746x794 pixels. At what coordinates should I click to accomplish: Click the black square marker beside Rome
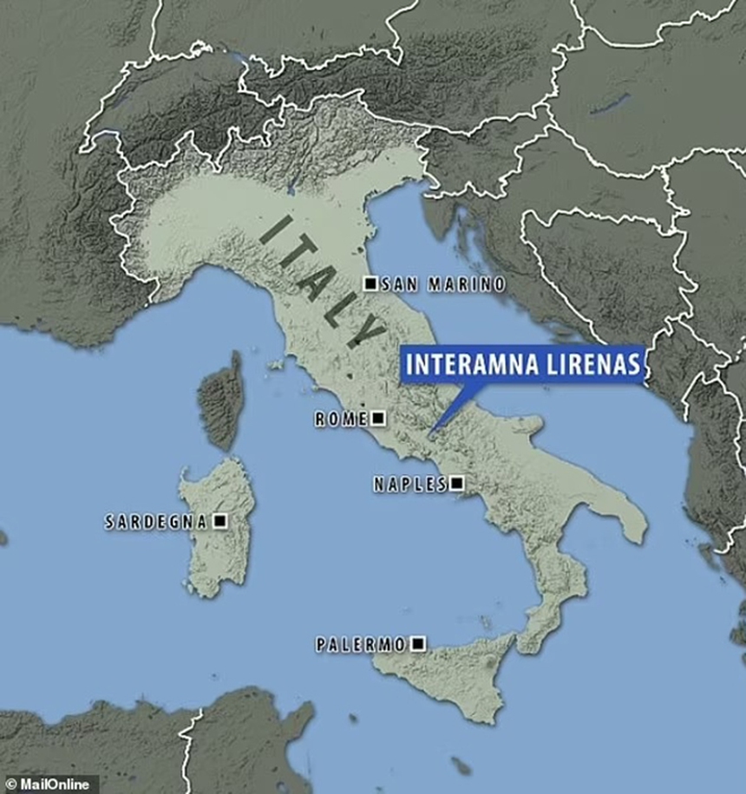click(377, 419)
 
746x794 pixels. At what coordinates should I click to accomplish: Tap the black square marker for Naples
click(456, 484)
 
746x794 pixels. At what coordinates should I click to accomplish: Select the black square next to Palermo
click(418, 643)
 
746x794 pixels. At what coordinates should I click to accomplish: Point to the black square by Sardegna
click(219, 521)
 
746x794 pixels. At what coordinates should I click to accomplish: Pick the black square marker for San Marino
click(370, 283)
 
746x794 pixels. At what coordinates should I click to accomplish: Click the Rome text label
click(341, 419)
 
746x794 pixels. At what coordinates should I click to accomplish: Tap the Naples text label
click(409, 485)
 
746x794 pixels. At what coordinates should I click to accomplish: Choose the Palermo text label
click(360, 644)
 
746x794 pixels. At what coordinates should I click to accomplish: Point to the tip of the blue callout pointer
click(431, 431)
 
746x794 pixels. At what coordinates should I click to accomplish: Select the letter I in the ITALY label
click(274, 231)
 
